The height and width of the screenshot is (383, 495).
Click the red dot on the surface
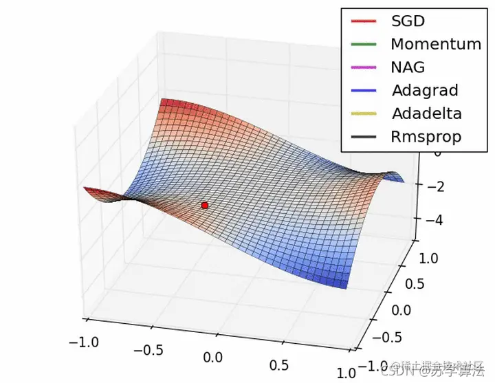coord(204,205)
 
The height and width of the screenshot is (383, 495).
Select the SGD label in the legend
coord(407,21)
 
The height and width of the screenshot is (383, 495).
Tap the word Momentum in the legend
coord(436,44)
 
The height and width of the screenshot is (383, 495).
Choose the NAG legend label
coord(408,67)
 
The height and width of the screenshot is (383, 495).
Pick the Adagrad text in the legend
coord(425,90)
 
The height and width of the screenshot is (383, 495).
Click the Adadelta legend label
coord(426,113)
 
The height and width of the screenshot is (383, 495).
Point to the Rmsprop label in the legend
coord(426,136)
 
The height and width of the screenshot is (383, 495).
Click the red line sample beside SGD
coord(364,21)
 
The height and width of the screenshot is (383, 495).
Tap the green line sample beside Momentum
coord(364,44)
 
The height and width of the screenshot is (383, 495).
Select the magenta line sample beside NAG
coord(364,67)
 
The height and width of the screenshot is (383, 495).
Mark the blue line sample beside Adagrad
coord(364,90)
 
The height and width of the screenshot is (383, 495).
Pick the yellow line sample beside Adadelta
coord(364,113)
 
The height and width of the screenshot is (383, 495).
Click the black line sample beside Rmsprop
coord(364,136)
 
